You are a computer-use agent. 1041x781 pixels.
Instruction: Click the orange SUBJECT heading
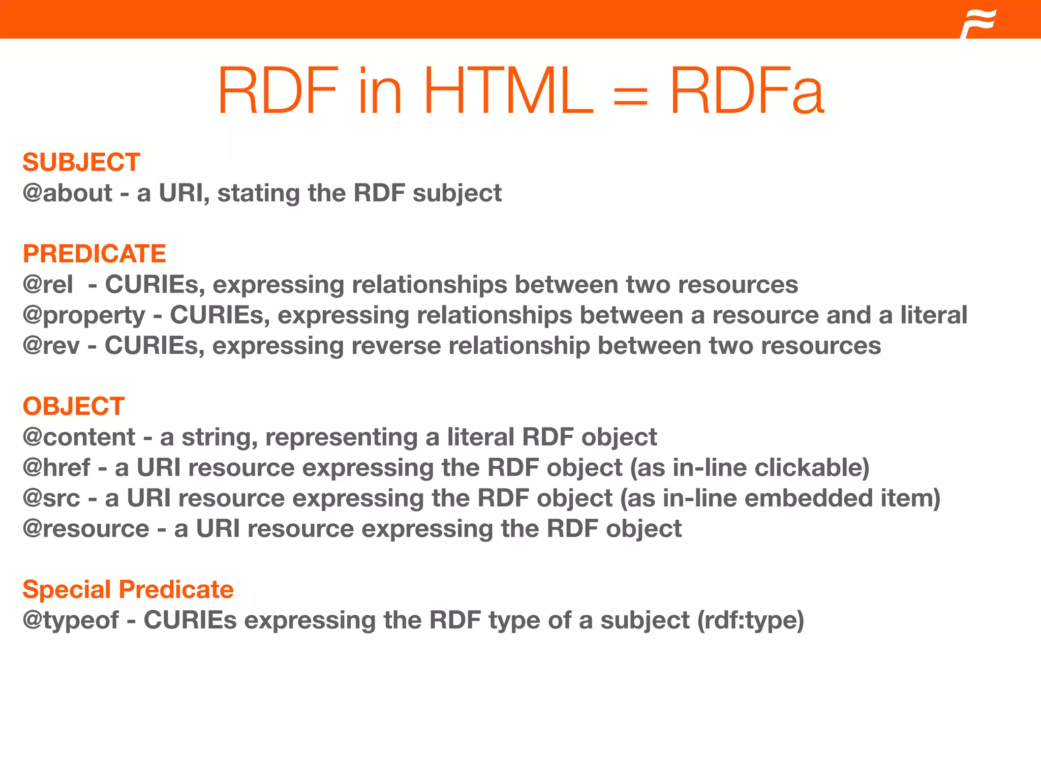coord(81,163)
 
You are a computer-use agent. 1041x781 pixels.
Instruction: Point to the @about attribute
coord(67,193)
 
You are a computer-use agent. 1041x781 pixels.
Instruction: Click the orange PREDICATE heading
coord(95,254)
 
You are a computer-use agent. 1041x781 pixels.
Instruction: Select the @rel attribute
coord(48,285)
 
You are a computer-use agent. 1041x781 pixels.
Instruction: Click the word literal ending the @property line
coord(934,315)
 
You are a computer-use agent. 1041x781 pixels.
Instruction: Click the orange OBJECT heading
coord(74,407)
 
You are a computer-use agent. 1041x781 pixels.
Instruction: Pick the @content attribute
coord(79,437)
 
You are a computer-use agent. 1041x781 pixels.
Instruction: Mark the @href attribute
coord(56,468)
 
